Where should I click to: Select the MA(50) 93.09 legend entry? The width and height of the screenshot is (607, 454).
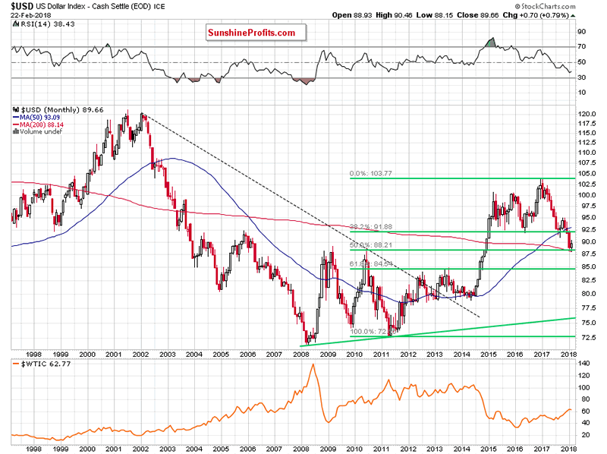pyautogui.click(x=38, y=117)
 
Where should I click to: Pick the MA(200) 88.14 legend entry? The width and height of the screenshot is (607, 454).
pyautogui.click(x=39, y=125)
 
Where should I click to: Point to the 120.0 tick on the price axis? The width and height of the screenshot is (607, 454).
pyautogui.click(x=587, y=115)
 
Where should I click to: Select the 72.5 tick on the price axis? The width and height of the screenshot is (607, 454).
pyautogui.click(x=585, y=336)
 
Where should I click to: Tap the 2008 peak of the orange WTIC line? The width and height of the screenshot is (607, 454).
pyautogui.click(x=312, y=366)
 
